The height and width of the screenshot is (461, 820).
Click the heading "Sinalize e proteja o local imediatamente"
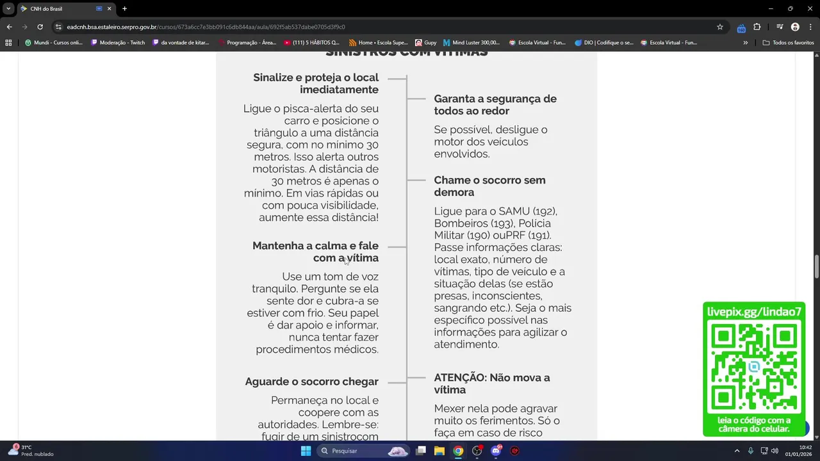click(x=316, y=83)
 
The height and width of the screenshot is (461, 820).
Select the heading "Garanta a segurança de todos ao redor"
click(x=495, y=104)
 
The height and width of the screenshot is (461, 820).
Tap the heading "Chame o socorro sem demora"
click(x=489, y=186)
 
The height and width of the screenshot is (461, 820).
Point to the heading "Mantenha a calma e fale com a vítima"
click(x=315, y=252)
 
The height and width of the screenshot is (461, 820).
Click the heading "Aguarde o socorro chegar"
click(x=311, y=382)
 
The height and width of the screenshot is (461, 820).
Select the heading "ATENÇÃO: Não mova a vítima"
click(x=491, y=384)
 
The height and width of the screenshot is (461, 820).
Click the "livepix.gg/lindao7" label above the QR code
click(x=754, y=312)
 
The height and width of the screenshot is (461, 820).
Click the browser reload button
click(x=40, y=27)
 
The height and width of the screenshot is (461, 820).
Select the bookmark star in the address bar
click(x=720, y=27)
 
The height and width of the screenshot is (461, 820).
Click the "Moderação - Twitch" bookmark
click(x=118, y=43)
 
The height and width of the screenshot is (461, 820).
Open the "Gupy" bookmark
click(x=427, y=43)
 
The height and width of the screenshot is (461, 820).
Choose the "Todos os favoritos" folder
click(x=788, y=43)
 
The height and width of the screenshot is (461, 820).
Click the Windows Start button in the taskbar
click(x=306, y=451)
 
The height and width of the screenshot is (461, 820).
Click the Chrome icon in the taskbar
click(x=458, y=451)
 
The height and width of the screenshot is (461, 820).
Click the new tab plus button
click(x=124, y=9)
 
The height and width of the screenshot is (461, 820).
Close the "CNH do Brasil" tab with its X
click(x=110, y=9)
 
